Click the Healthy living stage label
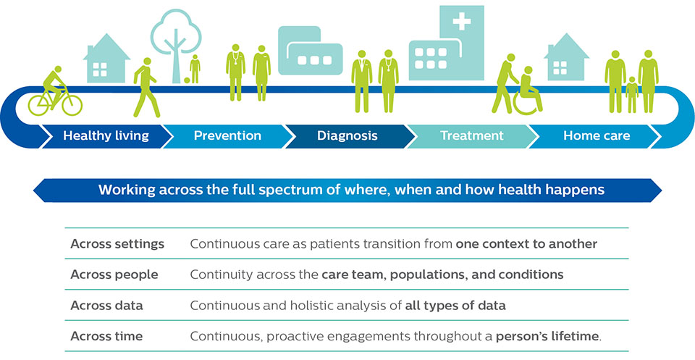106,135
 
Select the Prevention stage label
227,135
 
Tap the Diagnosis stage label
347,135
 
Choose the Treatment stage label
471,135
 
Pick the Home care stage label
597,135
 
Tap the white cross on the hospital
461,22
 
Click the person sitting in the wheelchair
528,91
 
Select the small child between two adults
632,93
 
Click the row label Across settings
117,244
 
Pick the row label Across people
114,275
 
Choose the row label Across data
106,306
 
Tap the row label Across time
106,336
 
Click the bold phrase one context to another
526,244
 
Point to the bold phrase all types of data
455,306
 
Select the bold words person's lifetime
548,336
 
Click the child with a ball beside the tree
195,70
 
